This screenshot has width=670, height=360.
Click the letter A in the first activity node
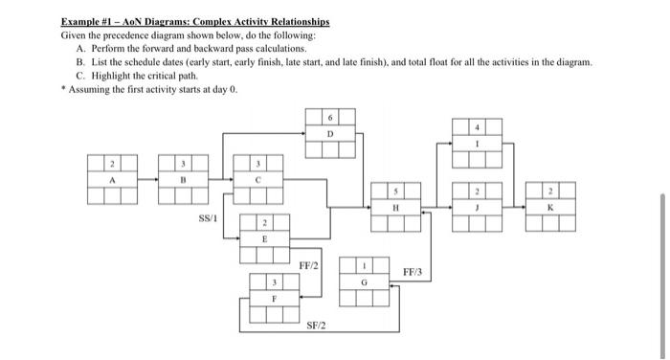pyautogui.click(x=111, y=178)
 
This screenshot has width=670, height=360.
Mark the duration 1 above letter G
pyautogui.click(x=365, y=267)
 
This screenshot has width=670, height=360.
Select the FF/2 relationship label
pyautogui.click(x=309, y=265)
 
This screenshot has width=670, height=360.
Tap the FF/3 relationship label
pyautogui.click(x=413, y=273)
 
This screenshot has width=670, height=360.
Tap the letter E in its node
pyautogui.click(x=264, y=239)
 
